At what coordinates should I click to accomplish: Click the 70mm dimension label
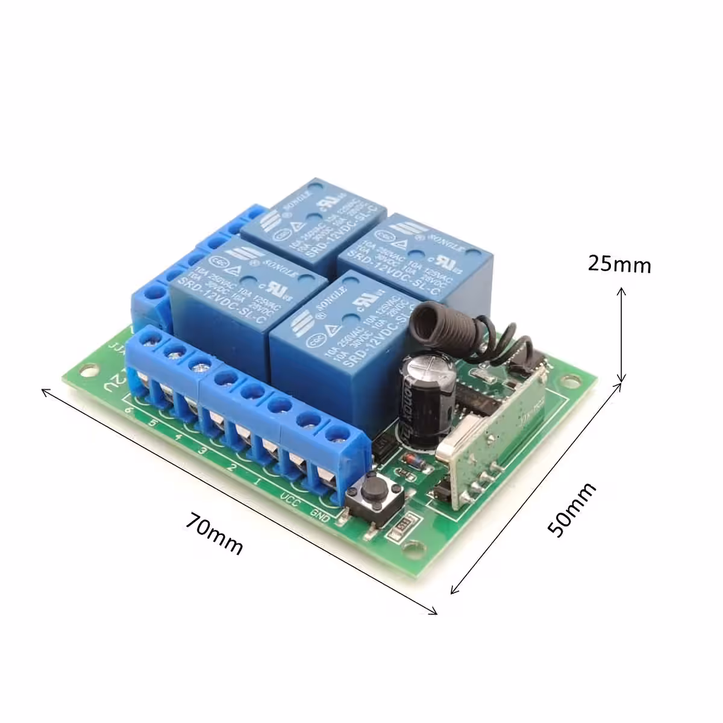(214, 533)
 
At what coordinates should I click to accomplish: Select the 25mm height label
(619, 264)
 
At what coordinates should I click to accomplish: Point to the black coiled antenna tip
(430, 320)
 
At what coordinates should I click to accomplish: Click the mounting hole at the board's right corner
(566, 380)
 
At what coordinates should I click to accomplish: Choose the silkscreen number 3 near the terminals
(202, 451)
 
